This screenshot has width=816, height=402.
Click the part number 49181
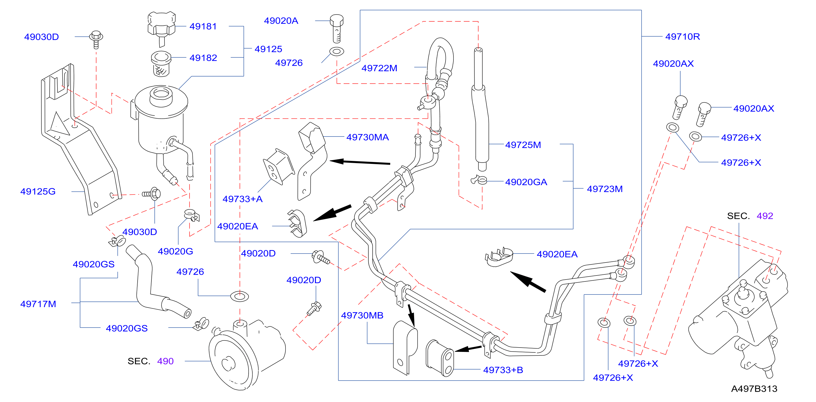(x=203, y=26)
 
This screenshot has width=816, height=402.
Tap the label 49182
(x=203, y=58)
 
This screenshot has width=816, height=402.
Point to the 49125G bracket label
(x=38, y=191)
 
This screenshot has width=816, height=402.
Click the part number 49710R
(x=683, y=37)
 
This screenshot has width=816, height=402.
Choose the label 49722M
(x=379, y=68)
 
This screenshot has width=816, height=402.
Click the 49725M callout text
(x=523, y=145)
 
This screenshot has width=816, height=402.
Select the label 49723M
(x=605, y=189)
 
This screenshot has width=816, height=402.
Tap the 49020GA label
(x=526, y=182)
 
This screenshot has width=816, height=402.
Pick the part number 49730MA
(x=367, y=137)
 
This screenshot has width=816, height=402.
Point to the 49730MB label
(x=362, y=315)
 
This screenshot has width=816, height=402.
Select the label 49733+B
(x=503, y=370)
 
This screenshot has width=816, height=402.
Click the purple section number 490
(x=165, y=361)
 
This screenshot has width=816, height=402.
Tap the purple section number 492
(x=765, y=216)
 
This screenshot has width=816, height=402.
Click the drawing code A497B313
(x=754, y=389)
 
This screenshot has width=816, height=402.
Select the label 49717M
(x=38, y=304)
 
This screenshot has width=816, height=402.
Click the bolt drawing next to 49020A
(x=336, y=28)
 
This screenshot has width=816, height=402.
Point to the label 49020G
(x=176, y=251)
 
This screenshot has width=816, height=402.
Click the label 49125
(x=268, y=49)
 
